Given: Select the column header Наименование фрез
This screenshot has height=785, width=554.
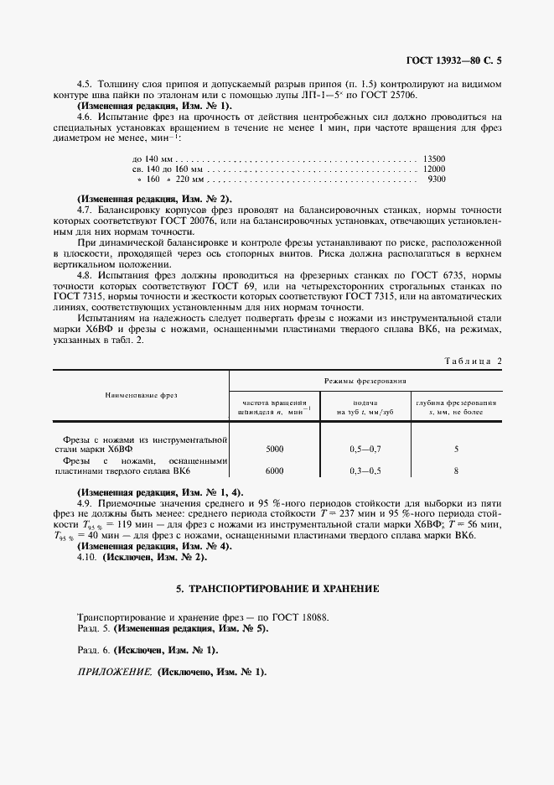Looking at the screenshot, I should point(141,394).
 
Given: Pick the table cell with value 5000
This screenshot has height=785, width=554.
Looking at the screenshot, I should point(274,450).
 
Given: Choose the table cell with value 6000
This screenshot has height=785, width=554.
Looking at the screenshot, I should point(274,470).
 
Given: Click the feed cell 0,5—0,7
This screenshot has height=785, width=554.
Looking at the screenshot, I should point(365,450).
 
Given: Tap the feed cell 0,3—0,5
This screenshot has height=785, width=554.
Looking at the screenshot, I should point(365,470).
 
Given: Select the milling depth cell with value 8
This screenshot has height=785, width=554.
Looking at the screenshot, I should point(456,470).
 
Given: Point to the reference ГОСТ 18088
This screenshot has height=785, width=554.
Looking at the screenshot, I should point(301,616).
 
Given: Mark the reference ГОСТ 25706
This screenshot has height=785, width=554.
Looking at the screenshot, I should point(388,96).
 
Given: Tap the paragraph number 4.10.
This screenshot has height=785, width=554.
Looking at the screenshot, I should point(87,555).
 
